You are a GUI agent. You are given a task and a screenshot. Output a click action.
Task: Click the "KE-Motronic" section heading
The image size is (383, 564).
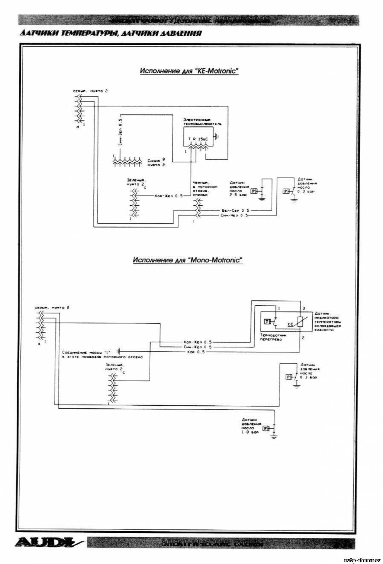pos(189,71)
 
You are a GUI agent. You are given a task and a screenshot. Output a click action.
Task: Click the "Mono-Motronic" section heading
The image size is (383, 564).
pos(187,260)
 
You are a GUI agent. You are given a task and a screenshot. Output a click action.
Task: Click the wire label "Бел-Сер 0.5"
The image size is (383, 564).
pos(235,211)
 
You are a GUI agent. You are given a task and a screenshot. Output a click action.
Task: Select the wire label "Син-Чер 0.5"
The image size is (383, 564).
pos(234,215)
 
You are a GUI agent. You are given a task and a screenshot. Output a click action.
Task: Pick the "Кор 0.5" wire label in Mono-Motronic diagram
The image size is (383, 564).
pos(196,352)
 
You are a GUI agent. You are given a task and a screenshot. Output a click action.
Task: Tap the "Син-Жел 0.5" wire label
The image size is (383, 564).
pos(198,347)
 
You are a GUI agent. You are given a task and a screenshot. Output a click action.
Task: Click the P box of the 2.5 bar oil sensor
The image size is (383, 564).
pos(253,191)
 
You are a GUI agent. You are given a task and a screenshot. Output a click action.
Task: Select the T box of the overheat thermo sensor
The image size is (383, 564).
pos(267,321)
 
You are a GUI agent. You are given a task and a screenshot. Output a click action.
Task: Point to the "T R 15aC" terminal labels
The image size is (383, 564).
pos(198,139)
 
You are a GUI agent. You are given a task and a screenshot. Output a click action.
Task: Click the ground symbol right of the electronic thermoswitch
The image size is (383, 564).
pos(217,136)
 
